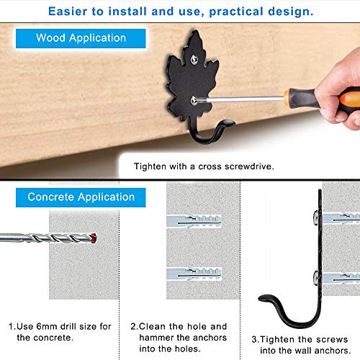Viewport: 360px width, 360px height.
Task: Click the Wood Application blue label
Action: point(81,38)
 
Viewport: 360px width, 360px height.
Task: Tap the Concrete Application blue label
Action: point(81,197)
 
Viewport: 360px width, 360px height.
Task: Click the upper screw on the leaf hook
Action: point(194,59)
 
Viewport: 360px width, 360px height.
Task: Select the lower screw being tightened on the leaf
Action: point(194,100)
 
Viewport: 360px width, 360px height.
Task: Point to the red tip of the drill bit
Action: point(94,238)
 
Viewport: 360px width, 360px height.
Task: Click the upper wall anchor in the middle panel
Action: point(194,221)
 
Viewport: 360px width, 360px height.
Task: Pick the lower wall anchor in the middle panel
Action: point(194,274)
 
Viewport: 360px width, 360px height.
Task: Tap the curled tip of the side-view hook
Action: point(264,298)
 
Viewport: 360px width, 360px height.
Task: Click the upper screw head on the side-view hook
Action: point(317,217)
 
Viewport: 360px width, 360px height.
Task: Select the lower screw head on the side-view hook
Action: point(317,279)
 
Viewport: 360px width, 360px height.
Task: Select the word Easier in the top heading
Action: point(68,12)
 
